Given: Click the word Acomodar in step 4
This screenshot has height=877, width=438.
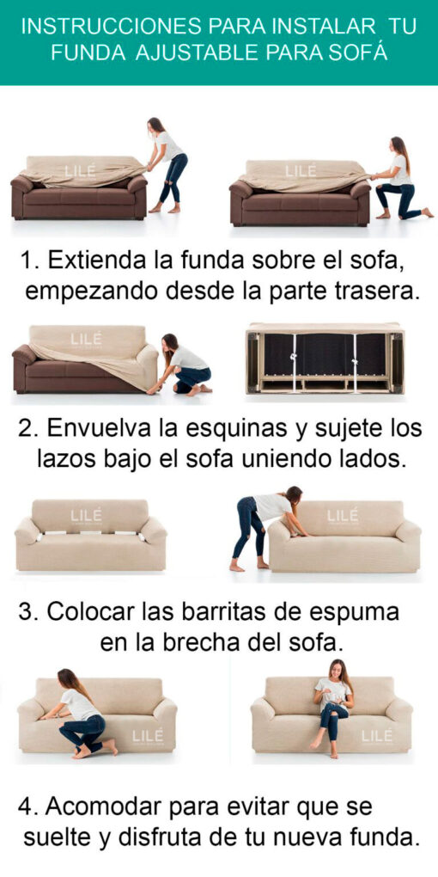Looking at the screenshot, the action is coord(101,806).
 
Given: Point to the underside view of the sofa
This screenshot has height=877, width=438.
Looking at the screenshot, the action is coord(325,358).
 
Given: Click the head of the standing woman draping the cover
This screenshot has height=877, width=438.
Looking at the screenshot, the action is coord(154,125).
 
